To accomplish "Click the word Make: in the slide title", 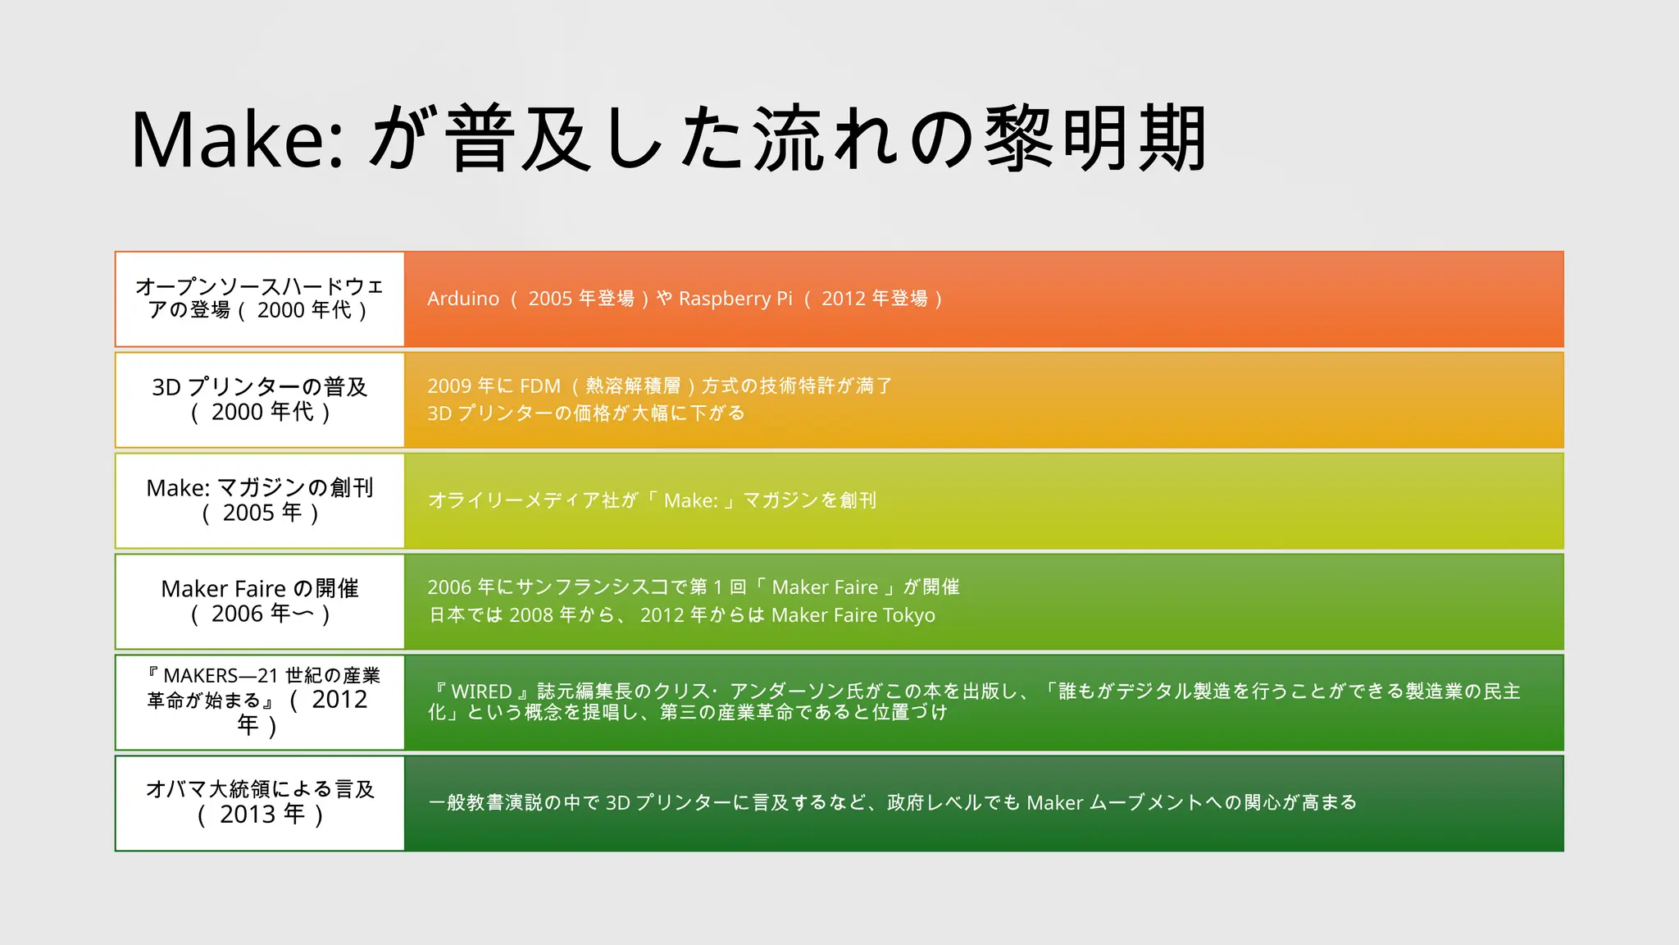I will [x=238, y=139].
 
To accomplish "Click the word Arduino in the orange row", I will [x=463, y=299].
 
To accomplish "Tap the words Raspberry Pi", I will [x=735, y=299].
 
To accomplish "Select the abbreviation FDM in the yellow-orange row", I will [x=540, y=386].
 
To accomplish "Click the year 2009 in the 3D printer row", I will [x=449, y=386].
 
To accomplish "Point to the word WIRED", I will [x=481, y=692].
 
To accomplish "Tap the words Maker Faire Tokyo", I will [x=853, y=615].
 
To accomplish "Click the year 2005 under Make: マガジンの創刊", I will [x=248, y=514].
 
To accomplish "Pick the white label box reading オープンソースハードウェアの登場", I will [x=260, y=299].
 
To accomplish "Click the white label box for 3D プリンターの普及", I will [x=260, y=400].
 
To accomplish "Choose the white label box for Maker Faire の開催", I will [x=260, y=602].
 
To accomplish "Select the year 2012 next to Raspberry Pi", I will [x=844, y=299].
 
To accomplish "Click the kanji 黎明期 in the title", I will [x=1095, y=139].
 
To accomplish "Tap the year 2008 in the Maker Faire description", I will [x=531, y=615].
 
